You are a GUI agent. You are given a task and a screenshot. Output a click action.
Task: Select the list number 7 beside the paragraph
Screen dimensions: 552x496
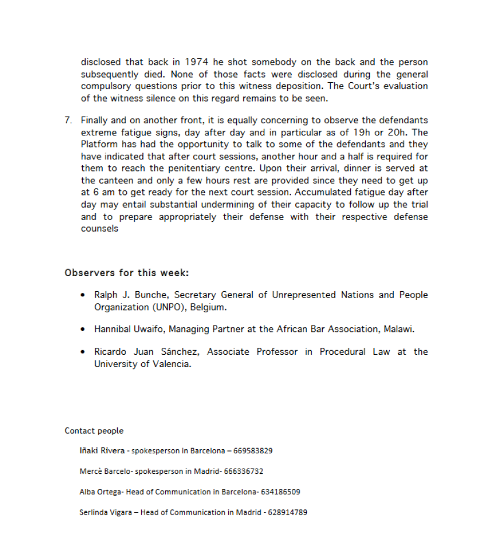68,120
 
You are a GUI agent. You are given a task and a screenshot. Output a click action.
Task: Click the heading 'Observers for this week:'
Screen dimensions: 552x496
127,272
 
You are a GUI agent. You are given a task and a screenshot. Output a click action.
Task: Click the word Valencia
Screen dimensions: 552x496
170,364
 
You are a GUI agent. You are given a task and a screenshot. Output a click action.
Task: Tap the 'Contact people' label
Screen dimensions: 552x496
94,431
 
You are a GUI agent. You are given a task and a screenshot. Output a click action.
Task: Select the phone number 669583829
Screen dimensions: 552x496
253,451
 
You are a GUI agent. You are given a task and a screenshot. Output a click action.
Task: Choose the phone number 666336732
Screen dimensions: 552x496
243,471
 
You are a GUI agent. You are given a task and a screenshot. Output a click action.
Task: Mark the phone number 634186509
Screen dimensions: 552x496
281,492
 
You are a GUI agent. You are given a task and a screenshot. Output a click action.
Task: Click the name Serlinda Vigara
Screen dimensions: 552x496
106,512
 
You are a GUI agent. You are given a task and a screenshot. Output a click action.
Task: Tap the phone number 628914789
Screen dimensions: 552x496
288,512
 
